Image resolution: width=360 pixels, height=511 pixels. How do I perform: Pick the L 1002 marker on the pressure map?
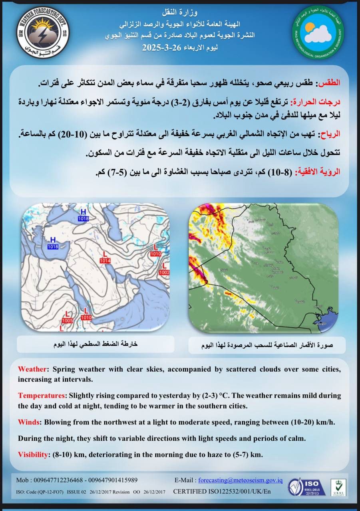click(164, 270)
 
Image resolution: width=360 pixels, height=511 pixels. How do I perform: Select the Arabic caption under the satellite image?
click(267, 345)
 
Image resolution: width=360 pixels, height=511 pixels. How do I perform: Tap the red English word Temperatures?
click(42, 396)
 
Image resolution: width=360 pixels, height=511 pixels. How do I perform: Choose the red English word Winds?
click(30, 422)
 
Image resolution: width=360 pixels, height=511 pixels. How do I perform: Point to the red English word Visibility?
click(34, 454)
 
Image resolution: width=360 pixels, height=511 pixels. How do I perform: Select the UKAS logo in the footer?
click(338, 487)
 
